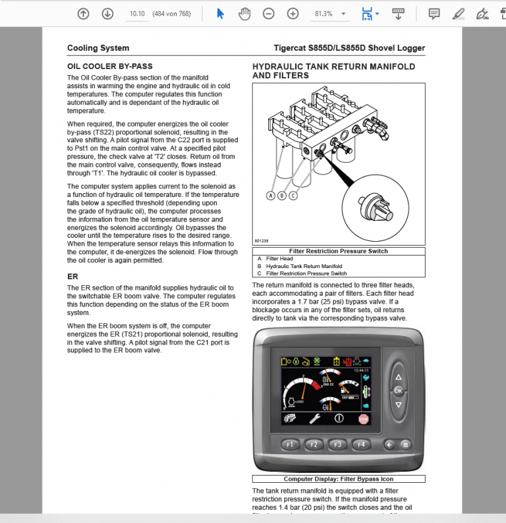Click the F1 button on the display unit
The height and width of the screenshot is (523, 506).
tap(290, 445)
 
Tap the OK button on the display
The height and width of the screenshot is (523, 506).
tap(398, 391)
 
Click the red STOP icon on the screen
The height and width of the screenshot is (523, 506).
tap(363, 418)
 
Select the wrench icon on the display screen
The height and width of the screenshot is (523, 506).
tap(315, 418)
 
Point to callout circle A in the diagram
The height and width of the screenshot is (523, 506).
tap(271, 195)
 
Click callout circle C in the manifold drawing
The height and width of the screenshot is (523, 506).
tap(293, 195)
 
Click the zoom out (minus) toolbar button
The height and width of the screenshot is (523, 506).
tap(268, 14)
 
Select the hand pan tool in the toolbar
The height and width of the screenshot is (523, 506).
tap(244, 14)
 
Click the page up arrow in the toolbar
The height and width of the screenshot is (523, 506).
tap(83, 14)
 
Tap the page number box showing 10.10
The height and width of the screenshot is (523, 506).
tap(137, 14)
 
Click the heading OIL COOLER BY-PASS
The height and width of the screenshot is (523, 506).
tap(110, 67)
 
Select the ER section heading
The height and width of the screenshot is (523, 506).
tap(72, 277)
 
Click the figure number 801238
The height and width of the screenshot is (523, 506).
tap(261, 241)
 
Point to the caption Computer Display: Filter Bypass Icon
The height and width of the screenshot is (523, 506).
tap(339, 479)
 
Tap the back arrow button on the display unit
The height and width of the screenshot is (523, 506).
tap(390, 445)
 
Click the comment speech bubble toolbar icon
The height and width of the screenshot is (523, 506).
tap(434, 14)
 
